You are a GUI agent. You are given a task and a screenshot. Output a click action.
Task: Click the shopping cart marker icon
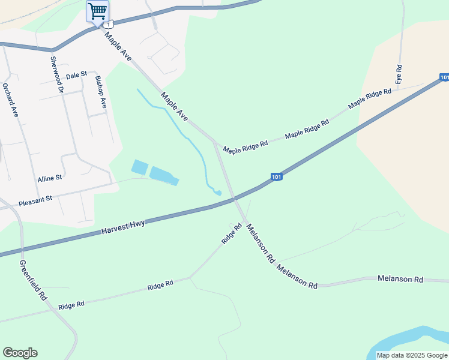[x=97, y=11]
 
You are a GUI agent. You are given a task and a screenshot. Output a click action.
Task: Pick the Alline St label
[x=50, y=179]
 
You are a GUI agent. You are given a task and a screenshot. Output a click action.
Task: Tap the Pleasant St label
[x=35, y=200]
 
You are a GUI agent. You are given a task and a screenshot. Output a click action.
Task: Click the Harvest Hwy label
[x=122, y=227]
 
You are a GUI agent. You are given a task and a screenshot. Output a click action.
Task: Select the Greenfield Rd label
[x=33, y=280]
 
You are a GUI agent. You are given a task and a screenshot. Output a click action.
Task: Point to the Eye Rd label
[x=398, y=73]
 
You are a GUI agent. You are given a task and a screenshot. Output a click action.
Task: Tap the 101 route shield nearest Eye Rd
[x=444, y=77]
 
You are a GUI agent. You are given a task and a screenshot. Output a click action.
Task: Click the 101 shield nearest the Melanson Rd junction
[x=276, y=176]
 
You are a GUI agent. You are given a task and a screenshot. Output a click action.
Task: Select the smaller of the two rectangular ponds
[x=139, y=167]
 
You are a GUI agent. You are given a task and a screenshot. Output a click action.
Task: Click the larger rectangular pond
[x=164, y=176]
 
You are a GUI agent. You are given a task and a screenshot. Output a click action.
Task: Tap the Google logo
[x=20, y=353]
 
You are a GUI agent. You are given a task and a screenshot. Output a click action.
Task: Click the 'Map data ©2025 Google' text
[x=412, y=355]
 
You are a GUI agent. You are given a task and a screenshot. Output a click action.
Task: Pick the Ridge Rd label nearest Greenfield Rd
[x=71, y=305]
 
